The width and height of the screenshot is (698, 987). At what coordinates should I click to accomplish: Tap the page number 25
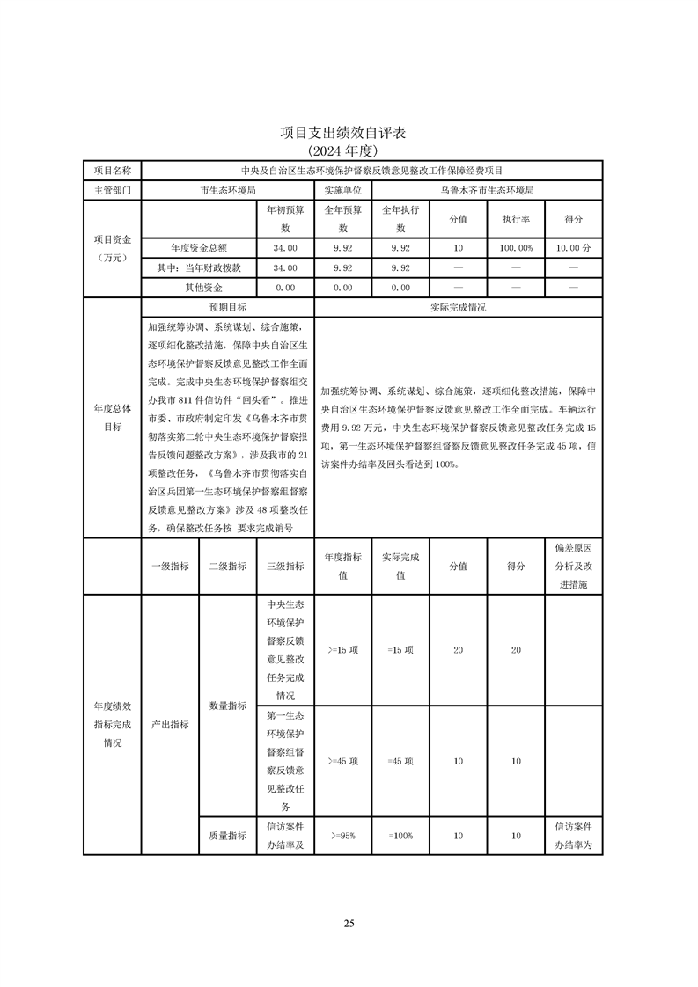[349, 923]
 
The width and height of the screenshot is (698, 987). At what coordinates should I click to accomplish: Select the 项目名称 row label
[112, 170]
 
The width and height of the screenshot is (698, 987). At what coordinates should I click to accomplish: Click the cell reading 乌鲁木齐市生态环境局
[487, 189]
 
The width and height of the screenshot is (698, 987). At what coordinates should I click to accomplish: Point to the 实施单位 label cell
[342, 189]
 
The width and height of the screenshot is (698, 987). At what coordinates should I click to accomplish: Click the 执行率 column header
[516, 219]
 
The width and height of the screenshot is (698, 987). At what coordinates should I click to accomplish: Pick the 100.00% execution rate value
[516, 248]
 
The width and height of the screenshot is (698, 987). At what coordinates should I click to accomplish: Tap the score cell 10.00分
[574, 248]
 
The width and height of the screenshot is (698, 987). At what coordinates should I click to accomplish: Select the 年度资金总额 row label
[198, 248]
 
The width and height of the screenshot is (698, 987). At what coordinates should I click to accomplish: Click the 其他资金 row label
[198, 287]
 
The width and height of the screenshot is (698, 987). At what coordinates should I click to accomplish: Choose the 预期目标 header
[227, 308]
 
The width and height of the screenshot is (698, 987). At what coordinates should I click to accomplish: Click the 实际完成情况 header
[458, 308]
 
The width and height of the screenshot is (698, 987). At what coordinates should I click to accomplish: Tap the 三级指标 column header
[284, 567]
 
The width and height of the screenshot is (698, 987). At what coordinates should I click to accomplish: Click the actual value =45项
[400, 761]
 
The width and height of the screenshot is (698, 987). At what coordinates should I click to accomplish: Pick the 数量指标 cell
[227, 706]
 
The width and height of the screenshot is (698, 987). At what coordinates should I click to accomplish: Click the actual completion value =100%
[400, 836]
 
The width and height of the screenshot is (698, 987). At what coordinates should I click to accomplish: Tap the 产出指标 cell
[170, 724]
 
